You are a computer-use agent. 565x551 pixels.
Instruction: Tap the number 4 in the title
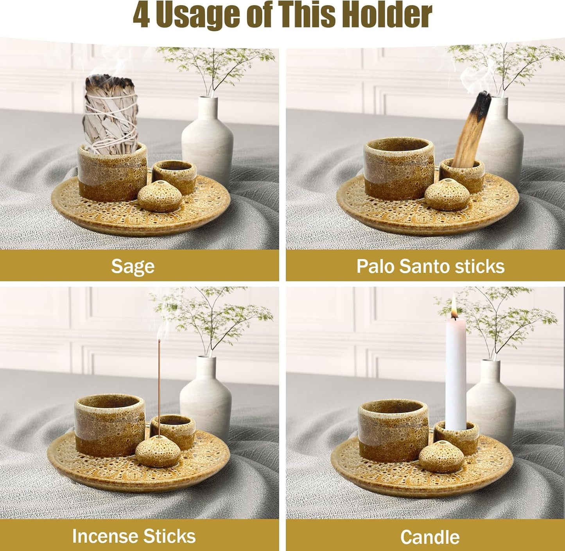coord(141,16)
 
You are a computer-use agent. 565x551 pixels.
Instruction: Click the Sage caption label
coord(133,267)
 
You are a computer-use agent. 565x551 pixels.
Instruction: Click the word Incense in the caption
coord(103,536)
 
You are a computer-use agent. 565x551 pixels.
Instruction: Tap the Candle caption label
coord(429,537)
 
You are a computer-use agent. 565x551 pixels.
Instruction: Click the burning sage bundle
coord(111,113)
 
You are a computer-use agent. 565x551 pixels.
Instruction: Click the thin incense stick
coord(160,387)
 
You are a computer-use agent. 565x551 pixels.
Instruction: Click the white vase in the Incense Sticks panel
coord(206,395)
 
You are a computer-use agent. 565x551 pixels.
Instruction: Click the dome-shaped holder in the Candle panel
coord(441,456)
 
